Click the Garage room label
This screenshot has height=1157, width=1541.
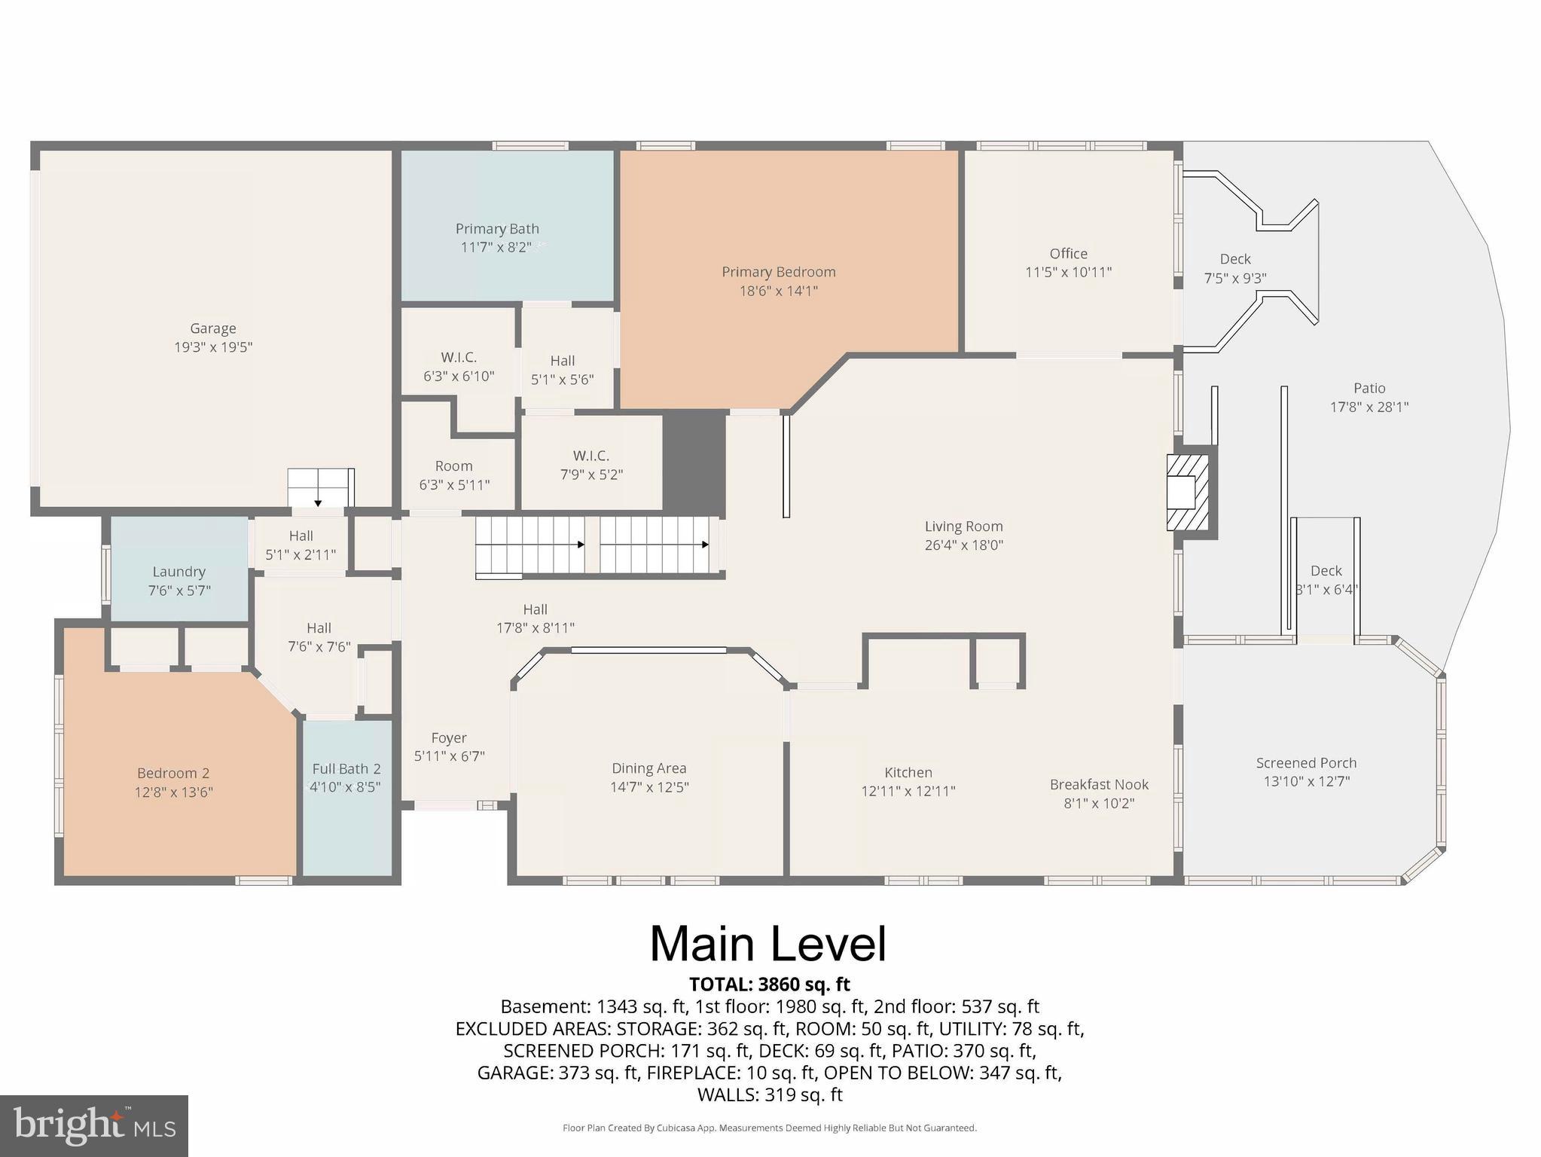[x=212, y=328]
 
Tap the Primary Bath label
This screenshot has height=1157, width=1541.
[x=497, y=229]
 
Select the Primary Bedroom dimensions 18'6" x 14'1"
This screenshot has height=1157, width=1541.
[x=778, y=291]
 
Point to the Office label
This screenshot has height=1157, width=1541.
[x=1068, y=254]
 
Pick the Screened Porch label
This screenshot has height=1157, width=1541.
[x=1306, y=763]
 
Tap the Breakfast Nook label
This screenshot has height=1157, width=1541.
[x=1099, y=784]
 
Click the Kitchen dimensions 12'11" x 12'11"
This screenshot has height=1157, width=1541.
[x=908, y=792]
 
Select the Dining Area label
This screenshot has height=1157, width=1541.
[x=648, y=768]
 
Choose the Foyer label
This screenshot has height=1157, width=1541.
[x=449, y=738]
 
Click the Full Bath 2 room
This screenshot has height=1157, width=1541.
[x=346, y=798]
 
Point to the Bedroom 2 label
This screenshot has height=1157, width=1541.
[x=173, y=774]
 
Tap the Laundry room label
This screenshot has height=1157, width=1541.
[x=179, y=572]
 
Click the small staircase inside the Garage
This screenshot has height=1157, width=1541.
[x=320, y=487]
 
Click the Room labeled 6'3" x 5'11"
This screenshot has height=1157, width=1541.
[x=454, y=475]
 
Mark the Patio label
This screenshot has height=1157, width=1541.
[x=1369, y=389]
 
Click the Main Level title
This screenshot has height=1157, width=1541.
[x=768, y=944]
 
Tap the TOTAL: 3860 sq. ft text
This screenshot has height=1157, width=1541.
[x=769, y=985]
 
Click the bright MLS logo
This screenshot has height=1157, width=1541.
[x=93, y=1125]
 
